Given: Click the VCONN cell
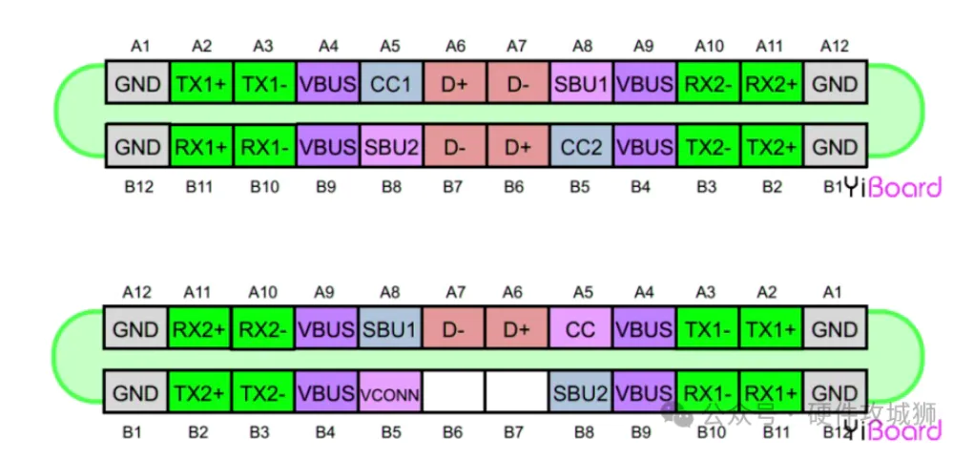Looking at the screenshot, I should [x=389, y=393].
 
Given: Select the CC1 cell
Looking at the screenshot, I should [x=389, y=84].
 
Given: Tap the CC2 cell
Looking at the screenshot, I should [x=580, y=147].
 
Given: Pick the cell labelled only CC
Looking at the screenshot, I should [x=580, y=329].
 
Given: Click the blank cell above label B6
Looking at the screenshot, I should [x=452, y=393].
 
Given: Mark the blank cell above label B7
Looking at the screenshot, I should [x=516, y=393].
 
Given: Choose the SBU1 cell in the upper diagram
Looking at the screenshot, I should [x=580, y=84].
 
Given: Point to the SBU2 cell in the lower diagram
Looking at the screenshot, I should [x=580, y=393].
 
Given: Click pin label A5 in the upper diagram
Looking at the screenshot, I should [x=389, y=45].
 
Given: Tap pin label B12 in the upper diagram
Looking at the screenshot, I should [x=138, y=187].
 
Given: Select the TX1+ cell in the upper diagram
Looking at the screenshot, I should [x=201, y=84].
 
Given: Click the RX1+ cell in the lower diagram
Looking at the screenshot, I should [x=771, y=393].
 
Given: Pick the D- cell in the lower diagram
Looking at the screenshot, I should [x=452, y=329].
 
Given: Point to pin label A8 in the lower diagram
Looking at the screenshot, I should [x=389, y=292].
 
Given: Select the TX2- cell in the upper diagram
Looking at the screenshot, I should [x=707, y=147].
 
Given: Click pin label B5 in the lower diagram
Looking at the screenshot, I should [x=389, y=432].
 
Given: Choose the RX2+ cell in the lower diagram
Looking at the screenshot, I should [x=201, y=329].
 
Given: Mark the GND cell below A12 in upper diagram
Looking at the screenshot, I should [x=835, y=84].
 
